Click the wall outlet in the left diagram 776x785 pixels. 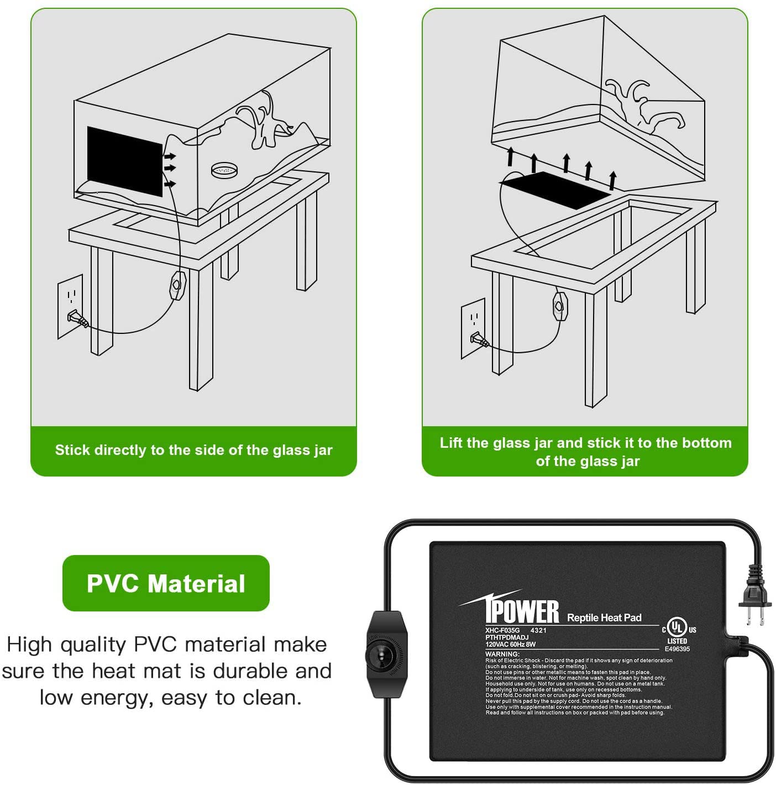pyautogui.click(x=70, y=306)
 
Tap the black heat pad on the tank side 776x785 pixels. pyautogui.click(x=125, y=161)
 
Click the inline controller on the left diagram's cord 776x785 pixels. pyautogui.click(x=177, y=285)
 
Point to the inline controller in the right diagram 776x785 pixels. pyautogui.click(x=560, y=306)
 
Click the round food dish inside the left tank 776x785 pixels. pyautogui.click(x=225, y=170)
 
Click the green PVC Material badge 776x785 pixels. pyautogui.click(x=166, y=583)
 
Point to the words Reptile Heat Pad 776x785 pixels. pyautogui.click(x=604, y=617)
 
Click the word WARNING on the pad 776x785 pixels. pyautogui.click(x=502, y=653)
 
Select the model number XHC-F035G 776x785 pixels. pyautogui.click(x=502, y=630)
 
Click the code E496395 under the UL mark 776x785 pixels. pyautogui.click(x=677, y=649)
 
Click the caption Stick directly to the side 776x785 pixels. pyautogui.click(x=193, y=450)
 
